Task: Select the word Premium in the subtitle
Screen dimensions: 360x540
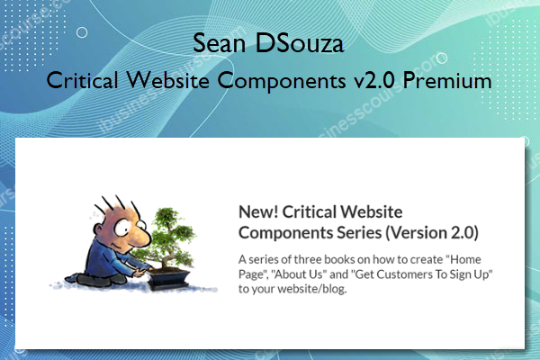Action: (447, 80)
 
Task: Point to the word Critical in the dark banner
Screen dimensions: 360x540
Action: (86, 80)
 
